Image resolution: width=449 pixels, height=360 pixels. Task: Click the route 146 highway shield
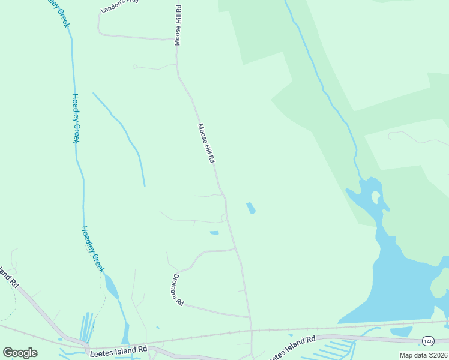click(427, 340)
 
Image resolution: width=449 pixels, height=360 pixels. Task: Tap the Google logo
click(20, 353)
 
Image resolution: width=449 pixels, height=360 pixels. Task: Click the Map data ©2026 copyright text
click(423, 355)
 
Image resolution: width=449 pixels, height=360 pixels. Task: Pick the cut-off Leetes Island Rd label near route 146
click(292, 348)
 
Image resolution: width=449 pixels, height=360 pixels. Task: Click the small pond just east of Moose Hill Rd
click(250, 208)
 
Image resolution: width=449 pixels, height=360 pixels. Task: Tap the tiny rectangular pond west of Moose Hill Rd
click(214, 233)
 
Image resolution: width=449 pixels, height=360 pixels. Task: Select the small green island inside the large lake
click(376, 196)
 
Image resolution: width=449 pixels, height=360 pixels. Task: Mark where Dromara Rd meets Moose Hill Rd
click(249, 317)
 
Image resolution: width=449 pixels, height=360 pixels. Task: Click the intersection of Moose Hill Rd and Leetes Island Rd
click(252, 331)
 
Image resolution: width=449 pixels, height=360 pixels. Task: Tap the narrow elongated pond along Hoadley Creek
click(112, 287)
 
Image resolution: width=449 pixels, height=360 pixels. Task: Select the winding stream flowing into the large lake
click(327, 96)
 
